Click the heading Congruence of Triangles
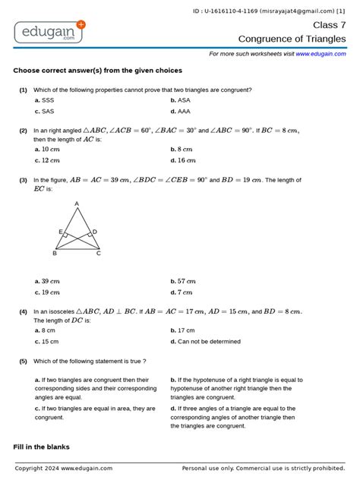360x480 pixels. point(292,38)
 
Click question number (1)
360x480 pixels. point(24,90)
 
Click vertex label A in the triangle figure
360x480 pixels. point(77,204)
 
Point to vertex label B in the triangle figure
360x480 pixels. point(55,253)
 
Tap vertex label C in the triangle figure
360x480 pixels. point(99,253)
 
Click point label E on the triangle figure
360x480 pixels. point(60,232)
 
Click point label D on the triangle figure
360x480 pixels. point(94,232)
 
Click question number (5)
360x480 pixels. point(24,361)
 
